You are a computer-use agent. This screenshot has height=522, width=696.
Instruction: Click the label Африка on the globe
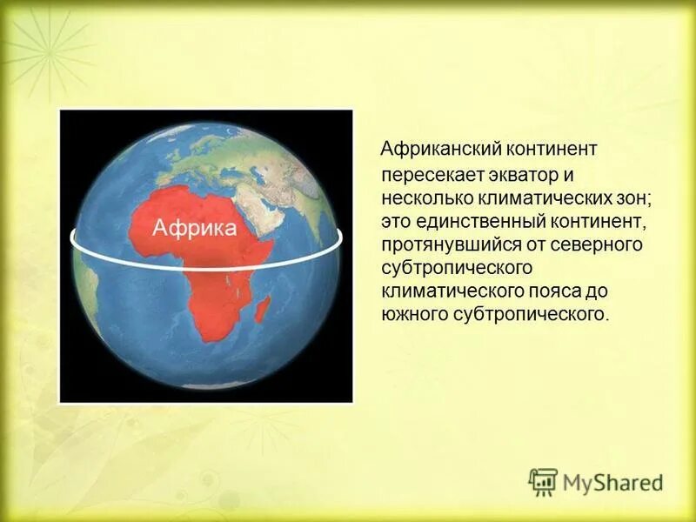(x=194, y=228)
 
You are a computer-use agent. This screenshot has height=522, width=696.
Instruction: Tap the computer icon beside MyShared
(x=543, y=481)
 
